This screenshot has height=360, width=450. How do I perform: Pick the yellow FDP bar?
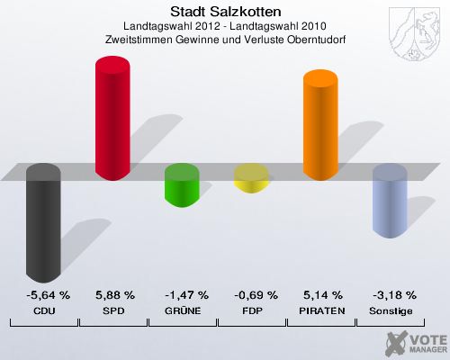coord(251,178)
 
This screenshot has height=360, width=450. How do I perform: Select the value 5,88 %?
coord(114,295)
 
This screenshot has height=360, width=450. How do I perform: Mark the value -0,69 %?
coord(255,295)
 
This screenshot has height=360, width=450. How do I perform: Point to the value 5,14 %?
coord(322,295)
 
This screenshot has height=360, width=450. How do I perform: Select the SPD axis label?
coord(114,310)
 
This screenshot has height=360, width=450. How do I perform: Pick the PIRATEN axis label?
coord(323,310)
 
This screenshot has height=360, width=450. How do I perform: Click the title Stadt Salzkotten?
coord(224,12)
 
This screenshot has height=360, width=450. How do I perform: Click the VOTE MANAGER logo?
coord(415,342)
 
